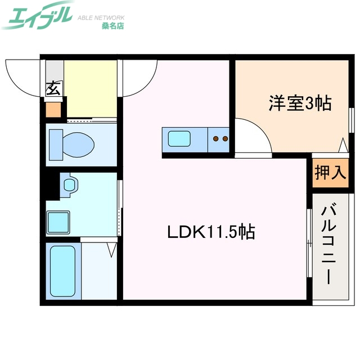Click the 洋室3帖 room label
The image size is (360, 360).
pyautogui.click(x=299, y=103)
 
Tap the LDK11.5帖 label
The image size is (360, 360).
pyautogui.click(x=210, y=232)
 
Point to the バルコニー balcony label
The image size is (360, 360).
pyautogui.click(x=330, y=245)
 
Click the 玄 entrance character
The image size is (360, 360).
pyautogui.click(x=53, y=88)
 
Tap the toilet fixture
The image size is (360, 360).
pyautogui.click(x=71, y=143)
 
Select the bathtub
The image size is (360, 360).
pyautogui.click(x=62, y=272)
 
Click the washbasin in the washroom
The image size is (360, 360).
pyautogui.click(x=69, y=184)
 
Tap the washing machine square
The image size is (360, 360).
pyautogui.click(x=58, y=220)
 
